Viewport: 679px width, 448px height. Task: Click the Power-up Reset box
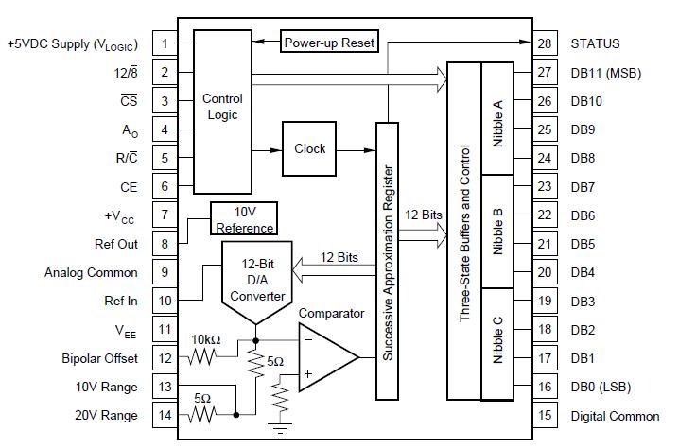(x=329, y=43)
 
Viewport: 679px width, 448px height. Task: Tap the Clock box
(x=309, y=149)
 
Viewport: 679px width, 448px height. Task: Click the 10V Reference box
(x=245, y=220)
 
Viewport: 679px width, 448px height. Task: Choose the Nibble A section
(x=497, y=119)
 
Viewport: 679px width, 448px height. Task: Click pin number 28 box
(x=544, y=43)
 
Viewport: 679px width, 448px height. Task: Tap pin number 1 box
(x=165, y=43)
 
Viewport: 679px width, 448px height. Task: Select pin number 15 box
(x=544, y=416)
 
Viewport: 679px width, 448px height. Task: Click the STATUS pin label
(x=596, y=43)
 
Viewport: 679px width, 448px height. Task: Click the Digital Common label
(x=615, y=416)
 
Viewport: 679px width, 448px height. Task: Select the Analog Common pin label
(x=91, y=272)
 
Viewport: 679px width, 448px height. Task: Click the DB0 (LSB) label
(x=601, y=387)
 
